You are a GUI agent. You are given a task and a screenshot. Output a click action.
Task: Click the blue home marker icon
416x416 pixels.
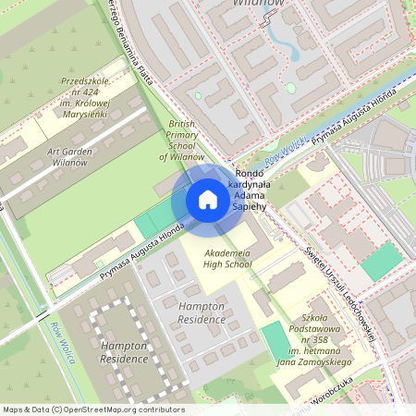coord(208,200)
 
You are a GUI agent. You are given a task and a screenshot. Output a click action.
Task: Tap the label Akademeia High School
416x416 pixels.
coord(227,257)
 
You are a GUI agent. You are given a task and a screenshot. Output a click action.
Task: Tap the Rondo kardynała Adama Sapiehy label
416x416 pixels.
coord(251,190)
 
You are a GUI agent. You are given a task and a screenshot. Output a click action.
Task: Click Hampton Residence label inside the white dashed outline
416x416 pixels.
coord(124,351)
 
